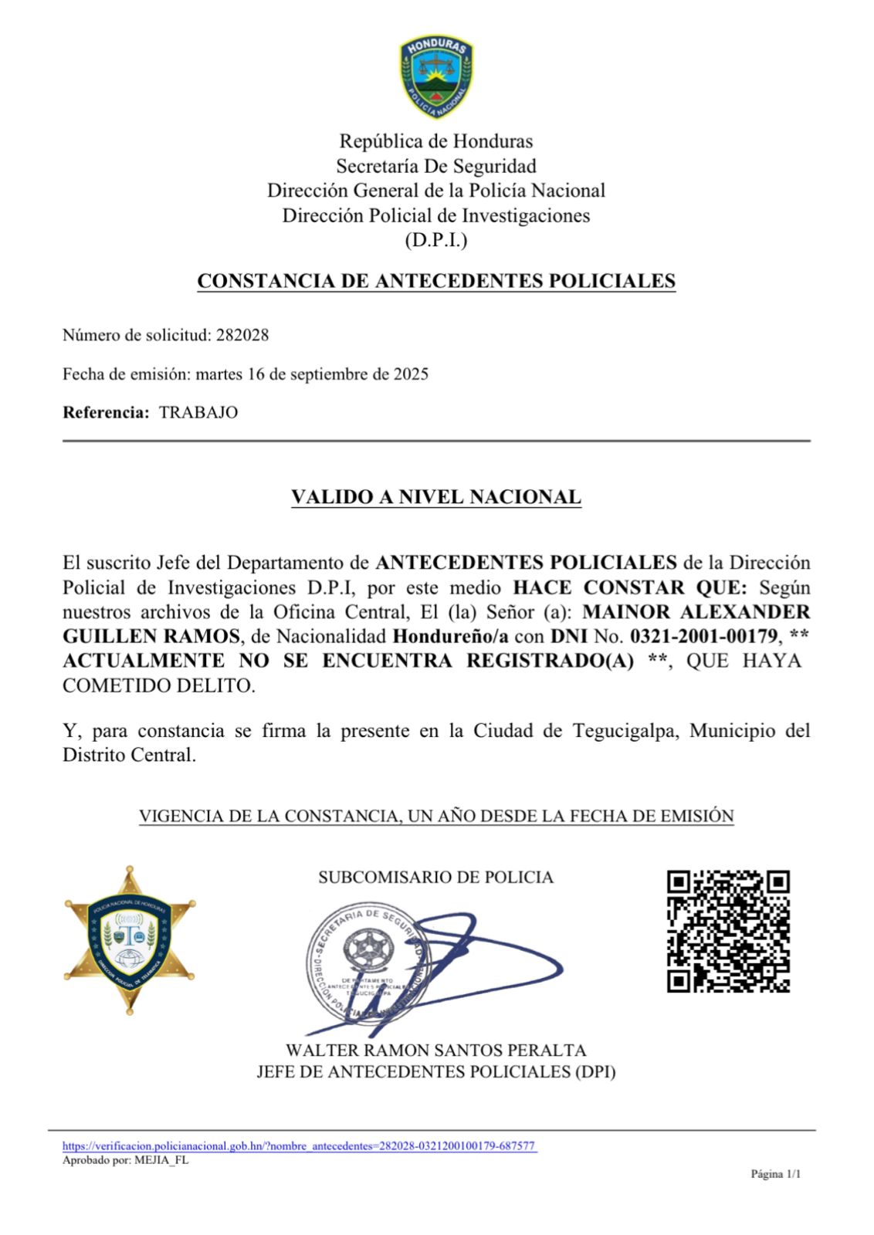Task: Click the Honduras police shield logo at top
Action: point(436,76)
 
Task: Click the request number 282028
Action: point(242,335)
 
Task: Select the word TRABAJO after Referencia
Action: point(198,412)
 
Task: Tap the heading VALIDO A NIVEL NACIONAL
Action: point(436,497)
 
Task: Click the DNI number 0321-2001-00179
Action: point(703,637)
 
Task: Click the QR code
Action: point(728,931)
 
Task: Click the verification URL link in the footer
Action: point(299,1146)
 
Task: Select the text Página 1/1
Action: point(776,1175)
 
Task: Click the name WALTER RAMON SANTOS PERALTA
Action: point(436,1051)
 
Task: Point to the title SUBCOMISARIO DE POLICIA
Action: point(436,878)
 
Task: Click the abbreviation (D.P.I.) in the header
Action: point(436,240)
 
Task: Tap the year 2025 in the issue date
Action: point(411,375)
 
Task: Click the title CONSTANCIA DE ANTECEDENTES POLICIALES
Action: point(436,281)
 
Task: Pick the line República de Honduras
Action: point(436,141)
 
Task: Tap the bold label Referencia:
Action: point(106,412)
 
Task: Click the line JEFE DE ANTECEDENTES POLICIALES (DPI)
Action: point(436,1072)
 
